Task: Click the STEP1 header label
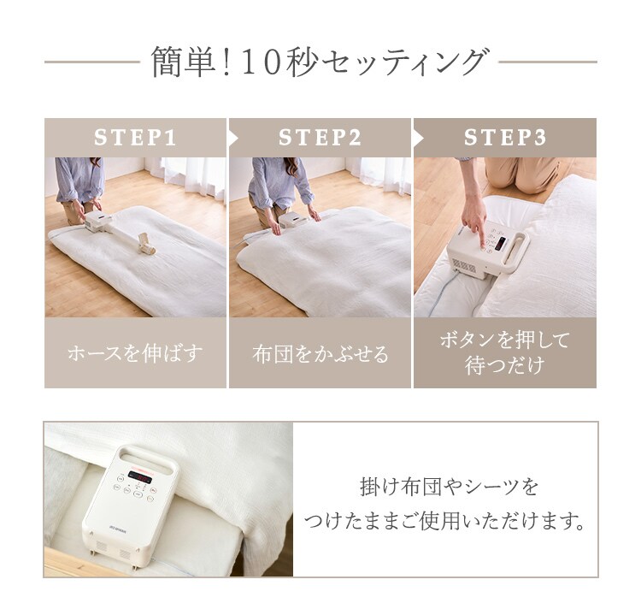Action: tap(135, 138)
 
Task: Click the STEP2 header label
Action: tap(320, 138)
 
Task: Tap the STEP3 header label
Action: tap(505, 138)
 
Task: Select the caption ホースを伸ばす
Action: tap(135, 353)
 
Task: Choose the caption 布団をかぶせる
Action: tap(320, 353)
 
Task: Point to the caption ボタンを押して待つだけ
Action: tap(505, 352)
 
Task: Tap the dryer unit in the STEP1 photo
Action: tap(96, 222)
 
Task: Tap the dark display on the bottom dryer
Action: tap(138, 475)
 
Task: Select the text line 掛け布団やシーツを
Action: tap(450, 488)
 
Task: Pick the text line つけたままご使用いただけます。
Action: tap(450, 521)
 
